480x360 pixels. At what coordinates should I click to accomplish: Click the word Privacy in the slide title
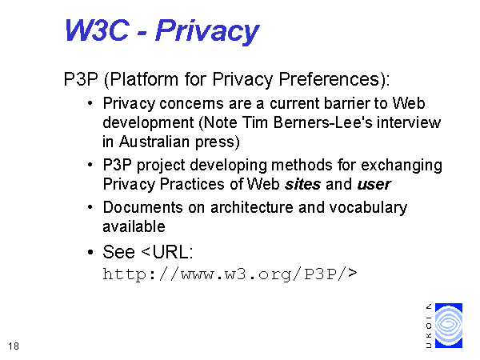pos(207,30)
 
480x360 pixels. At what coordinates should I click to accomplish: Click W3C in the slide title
pos(97,30)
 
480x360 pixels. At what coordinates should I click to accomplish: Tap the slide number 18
pos(14,346)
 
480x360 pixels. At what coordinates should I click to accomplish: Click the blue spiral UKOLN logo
pos(449,326)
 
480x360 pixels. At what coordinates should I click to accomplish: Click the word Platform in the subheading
pos(144,79)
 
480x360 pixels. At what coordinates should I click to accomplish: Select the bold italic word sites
pos(302,184)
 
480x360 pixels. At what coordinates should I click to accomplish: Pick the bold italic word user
pos(374,185)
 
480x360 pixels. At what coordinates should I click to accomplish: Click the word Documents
pos(142,207)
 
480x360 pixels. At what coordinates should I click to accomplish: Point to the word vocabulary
pos(368,208)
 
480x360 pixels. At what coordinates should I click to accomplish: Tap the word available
pos(134,226)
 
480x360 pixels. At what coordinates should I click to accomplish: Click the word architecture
pos(252,207)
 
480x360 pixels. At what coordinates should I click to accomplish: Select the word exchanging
pos(402,166)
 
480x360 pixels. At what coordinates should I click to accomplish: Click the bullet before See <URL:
pos(90,253)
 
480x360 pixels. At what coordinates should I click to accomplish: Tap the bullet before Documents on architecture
pos(90,207)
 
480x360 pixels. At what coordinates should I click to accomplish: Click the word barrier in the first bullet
pos(346,103)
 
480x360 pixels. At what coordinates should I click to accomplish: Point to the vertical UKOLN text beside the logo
pos(429,326)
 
